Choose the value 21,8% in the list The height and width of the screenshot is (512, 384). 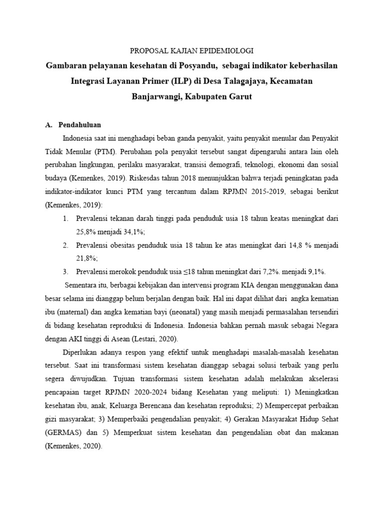(87, 258)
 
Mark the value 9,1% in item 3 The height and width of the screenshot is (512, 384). (314, 271)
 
